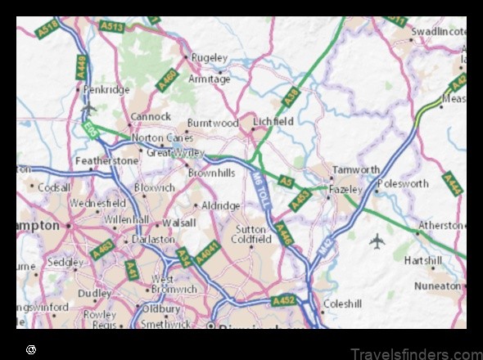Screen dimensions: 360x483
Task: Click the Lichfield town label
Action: point(273,121)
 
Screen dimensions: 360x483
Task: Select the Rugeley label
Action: point(209,58)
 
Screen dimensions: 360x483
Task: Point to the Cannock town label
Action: point(151,117)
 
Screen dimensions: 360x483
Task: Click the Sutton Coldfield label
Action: point(251,234)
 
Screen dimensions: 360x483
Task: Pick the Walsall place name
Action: point(178,222)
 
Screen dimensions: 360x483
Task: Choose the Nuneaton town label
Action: point(437,286)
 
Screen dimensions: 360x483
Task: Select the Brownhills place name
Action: point(211,173)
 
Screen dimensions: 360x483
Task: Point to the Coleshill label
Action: point(342,304)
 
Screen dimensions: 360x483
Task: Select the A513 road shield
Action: point(112,27)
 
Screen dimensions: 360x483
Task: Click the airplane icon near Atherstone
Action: point(377,241)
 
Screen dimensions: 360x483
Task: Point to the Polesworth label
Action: point(404,184)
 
